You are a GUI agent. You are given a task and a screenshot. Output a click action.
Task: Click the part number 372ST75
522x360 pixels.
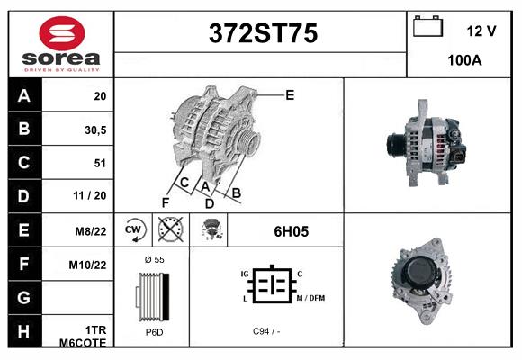(x=263, y=34)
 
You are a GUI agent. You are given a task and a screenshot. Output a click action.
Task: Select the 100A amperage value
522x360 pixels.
(x=464, y=60)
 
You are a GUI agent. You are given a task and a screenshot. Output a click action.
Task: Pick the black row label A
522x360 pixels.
(x=23, y=96)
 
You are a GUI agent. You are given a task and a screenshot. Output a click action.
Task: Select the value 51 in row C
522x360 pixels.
(x=100, y=164)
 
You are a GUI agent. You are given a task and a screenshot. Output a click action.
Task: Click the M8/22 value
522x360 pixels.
(x=92, y=231)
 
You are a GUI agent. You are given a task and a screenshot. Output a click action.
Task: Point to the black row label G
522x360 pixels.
(x=23, y=297)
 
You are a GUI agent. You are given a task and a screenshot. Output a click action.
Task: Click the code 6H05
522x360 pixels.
(x=291, y=231)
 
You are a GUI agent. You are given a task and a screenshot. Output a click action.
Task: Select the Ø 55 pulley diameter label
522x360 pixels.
(x=153, y=259)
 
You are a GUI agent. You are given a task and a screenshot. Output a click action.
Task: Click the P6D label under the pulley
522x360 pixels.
(x=153, y=331)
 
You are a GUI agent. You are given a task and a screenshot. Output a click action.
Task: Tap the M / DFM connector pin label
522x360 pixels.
(x=311, y=298)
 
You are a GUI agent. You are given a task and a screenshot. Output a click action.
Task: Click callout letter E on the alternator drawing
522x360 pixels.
(x=290, y=94)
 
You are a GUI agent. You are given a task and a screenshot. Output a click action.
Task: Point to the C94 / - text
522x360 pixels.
(x=266, y=331)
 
